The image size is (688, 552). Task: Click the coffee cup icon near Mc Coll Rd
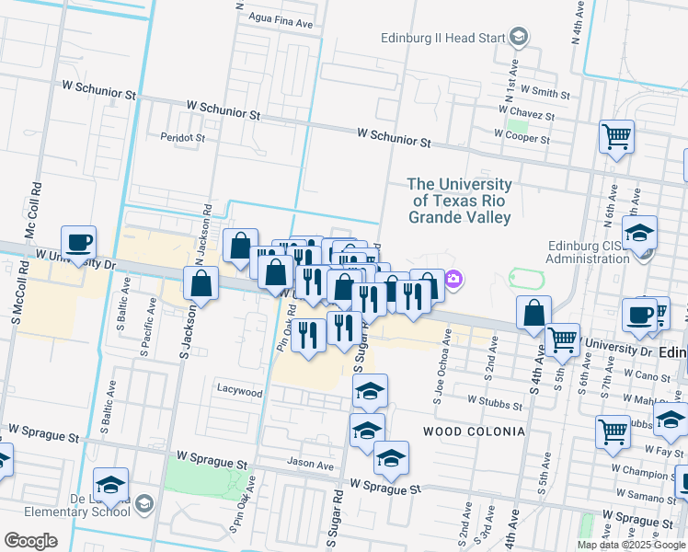coord(78,243)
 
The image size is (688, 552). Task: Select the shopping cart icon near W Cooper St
coord(616,137)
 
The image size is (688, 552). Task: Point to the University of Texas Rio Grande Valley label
coord(460,201)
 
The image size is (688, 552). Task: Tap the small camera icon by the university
coord(453,279)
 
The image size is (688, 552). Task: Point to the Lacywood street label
coord(239,392)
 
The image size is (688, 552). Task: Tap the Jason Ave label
coord(310,465)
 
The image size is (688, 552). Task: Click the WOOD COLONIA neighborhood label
coord(474,431)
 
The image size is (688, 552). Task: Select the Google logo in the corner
coord(30,540)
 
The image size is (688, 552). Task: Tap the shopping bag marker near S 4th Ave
coord(533,314)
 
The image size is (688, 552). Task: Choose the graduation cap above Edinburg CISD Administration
coord(639,233)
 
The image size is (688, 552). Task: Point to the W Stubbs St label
coord(495,401)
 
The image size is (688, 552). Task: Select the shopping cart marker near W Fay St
coord(613,431)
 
